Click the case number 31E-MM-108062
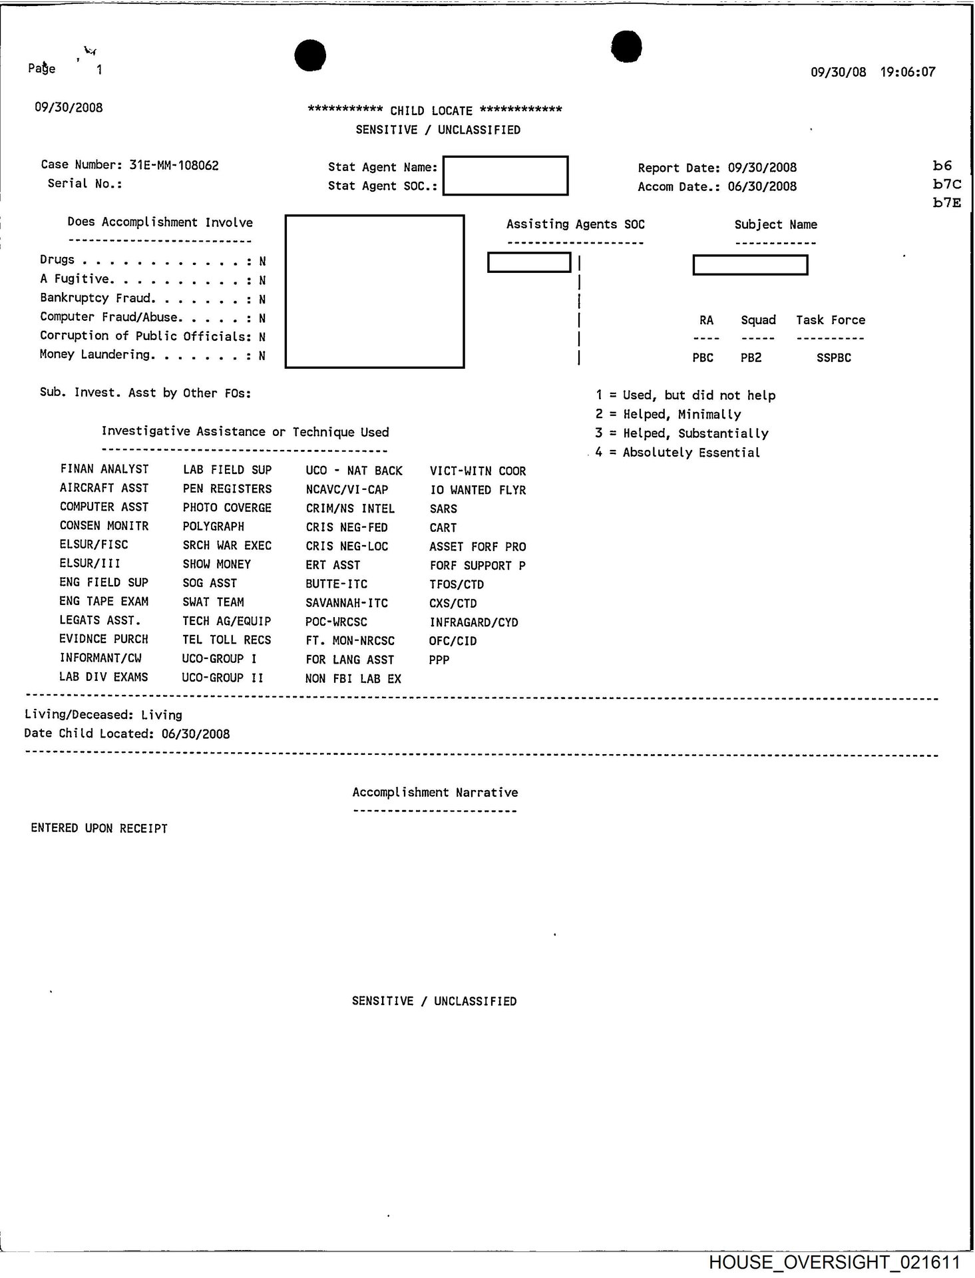pos(174,165)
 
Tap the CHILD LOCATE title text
pos(431,110)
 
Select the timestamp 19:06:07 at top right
pos(908,72)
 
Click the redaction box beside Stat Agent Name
pos(505,176)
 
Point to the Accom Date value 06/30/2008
pos(762,186)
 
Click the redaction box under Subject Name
pos(750,265)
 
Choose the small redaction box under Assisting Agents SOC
pos(529,262)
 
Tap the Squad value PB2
pos(751,357)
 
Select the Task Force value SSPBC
pos(833,357)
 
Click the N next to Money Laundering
pos(262,355)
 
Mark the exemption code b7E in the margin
pos(946,203)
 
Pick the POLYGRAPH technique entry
pos(214,526)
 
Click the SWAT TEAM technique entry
pos(213,602)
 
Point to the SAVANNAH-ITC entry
pos(346,603)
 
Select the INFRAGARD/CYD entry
pos(473,622)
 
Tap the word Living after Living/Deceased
pos(162,715)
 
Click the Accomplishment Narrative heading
pos(435,792)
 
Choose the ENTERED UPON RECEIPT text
pos(99,829)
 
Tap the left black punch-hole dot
pos(310,55)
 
